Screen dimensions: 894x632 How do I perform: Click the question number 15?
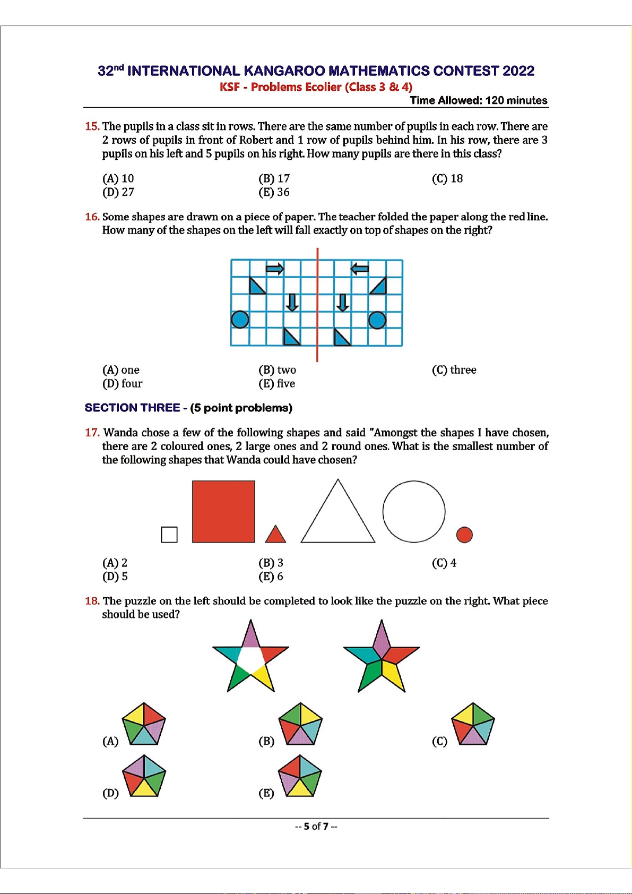pyautogui.click(x=92, y=126)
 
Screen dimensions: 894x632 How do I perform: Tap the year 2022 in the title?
pyautogui.click(x=518, y=71)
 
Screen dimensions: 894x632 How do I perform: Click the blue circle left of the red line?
pyautogui.click(x=240, y=320)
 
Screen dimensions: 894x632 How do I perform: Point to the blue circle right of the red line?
pyautogui.click(x=377, y=320)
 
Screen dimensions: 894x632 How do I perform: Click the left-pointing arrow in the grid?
pyautogui.click(x=360, y=269)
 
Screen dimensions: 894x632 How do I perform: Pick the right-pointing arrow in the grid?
pyautogui.click(x=275, y=269)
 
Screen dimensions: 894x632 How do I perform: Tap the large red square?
pyautogui.click(x=223, y=511)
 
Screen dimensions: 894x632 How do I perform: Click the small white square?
pyautogui.click(x=169, y=535)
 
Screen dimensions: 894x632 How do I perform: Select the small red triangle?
pyautogui.click(x=275, y=535)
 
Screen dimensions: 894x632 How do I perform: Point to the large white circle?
pyautogui.click(x=414, y=511)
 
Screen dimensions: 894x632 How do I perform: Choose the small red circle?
pyautogui.click(x=464, y=535)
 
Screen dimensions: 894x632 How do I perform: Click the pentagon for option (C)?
pyautogui.click(x=473, y=724)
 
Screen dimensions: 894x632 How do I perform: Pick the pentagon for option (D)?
pyautogui.click(x=144, y=776)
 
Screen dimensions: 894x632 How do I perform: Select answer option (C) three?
pyautogui.click(x=454, y=370)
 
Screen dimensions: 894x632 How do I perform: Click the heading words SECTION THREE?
pyautogui.click(x=132, y=408)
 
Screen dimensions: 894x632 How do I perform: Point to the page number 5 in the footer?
pyautogui.click(x=306, y=826)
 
